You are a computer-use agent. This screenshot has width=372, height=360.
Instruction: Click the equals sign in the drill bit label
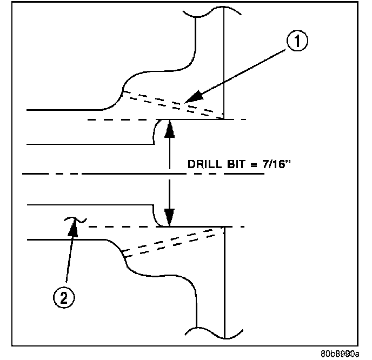click(250, 165)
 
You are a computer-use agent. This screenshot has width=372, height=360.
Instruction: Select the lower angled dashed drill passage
click(173, 241)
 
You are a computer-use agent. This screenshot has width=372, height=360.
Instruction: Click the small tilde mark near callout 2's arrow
click(71, 219)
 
